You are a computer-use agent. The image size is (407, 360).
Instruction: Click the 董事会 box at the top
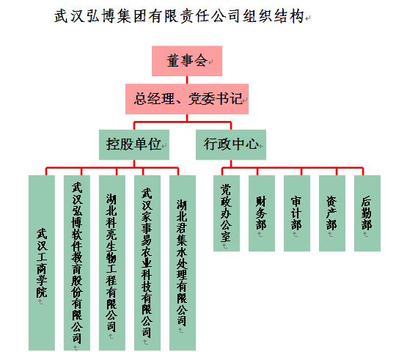click(187, 61)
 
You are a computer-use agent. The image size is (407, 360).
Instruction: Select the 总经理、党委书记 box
click(187, 99)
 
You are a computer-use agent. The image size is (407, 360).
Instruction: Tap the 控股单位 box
click(134, 144)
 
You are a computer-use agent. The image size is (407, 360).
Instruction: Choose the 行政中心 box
click(231, 144)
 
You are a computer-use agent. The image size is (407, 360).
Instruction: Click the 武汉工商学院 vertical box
click(42, 262)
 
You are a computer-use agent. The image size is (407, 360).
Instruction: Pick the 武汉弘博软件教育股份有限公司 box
click(77, 262)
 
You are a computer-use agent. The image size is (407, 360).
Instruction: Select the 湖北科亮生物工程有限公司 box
click(112, 262)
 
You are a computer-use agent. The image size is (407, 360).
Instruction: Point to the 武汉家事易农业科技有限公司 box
click(147, 262)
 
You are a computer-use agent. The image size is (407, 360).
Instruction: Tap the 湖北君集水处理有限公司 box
click(183, 262)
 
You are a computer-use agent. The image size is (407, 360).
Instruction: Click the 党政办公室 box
click(227, 213)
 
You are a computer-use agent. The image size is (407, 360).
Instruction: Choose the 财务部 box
click(262, 213)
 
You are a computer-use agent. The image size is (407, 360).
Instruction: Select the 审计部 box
click(297, 213)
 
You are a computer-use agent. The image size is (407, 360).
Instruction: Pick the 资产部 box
click(332, 213)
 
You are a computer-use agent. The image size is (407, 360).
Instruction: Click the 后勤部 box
click(367, 213)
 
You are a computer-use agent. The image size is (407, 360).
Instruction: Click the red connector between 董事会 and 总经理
click(187, 80)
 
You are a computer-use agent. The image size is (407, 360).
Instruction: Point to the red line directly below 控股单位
click(134, 164)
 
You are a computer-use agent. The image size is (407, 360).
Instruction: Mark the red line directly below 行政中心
click(231, 164)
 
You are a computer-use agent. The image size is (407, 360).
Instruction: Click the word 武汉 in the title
click(70, 16)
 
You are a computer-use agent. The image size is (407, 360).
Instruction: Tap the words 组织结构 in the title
click(274, 16)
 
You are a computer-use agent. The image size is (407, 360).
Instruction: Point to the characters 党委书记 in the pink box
click(215, 99)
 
